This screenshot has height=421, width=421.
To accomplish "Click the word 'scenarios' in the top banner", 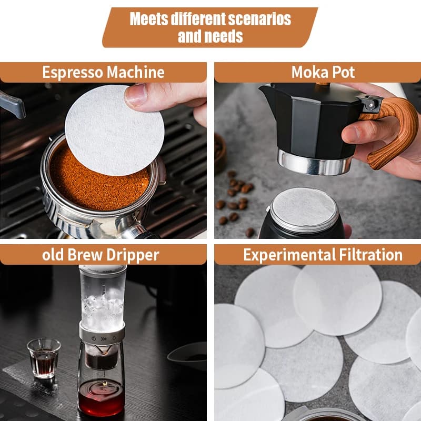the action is point(259,19).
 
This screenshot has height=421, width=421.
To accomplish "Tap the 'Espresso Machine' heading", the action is point(103,72).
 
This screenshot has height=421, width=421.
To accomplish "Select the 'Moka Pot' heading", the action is point(323,72).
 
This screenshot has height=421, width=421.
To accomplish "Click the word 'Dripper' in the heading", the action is point(133,255).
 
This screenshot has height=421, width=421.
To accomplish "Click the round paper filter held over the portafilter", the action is point(115,130).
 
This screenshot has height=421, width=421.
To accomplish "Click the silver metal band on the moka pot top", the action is point(315,163).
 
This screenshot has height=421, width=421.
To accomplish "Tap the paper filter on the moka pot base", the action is point(304,206).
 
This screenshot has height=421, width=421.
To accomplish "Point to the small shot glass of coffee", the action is point(44,358).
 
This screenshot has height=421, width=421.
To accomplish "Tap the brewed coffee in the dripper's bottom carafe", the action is point(101,397).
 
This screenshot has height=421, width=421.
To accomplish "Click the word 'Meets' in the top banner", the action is point(149,19).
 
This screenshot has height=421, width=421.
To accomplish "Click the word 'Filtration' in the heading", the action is point(370,255).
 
